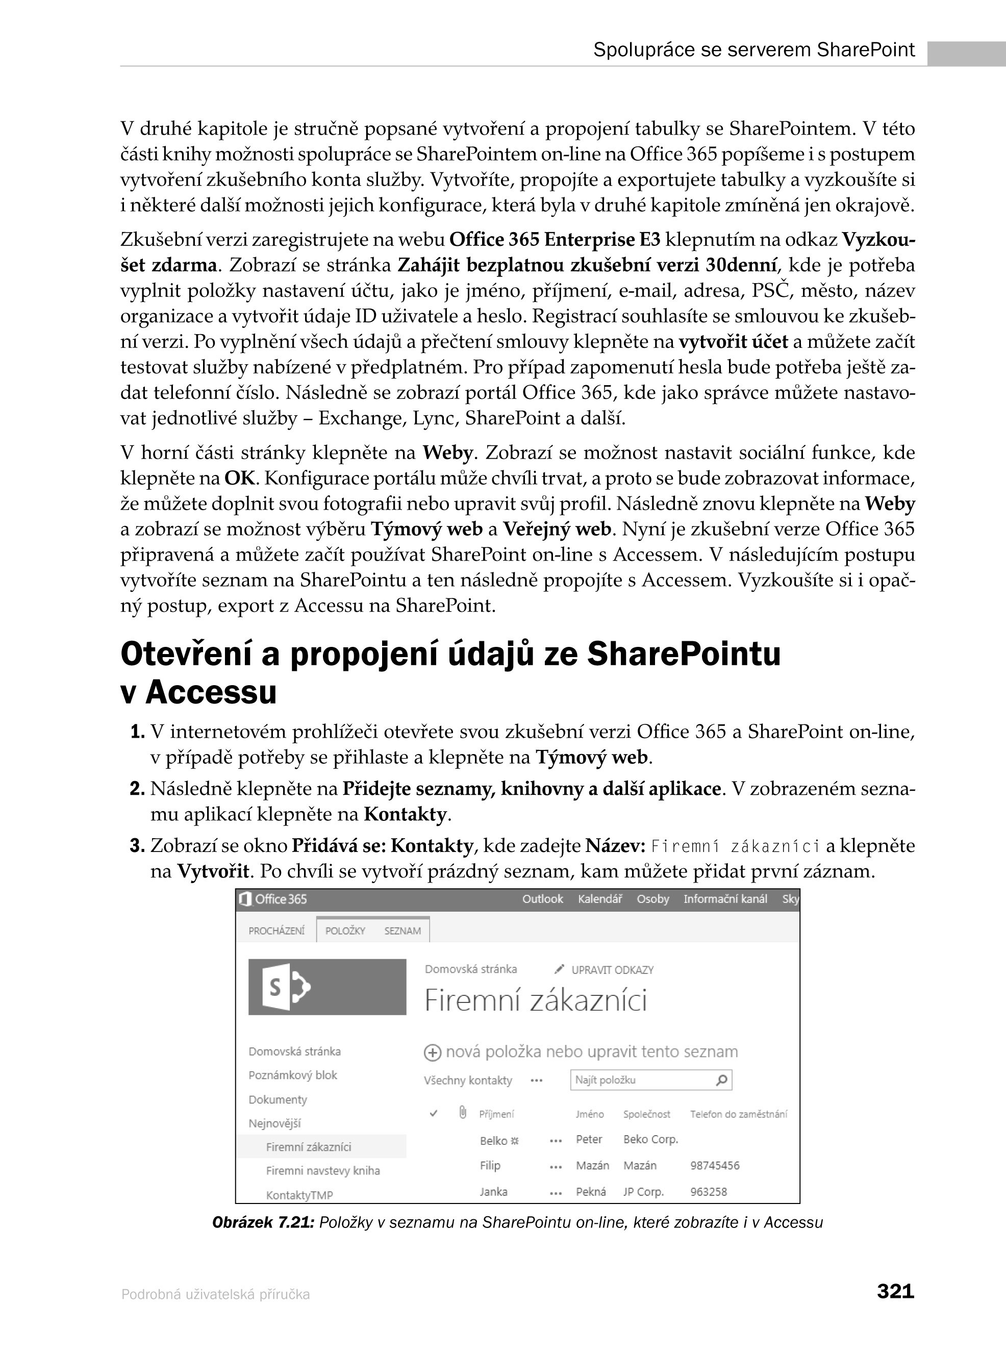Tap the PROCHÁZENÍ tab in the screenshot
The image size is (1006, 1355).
pyautogui.click(x=276, y=931)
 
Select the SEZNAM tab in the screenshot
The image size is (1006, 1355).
pyautogui.click(x=403, y=931)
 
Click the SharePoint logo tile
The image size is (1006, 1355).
pyautogui.click(x=327, y=987)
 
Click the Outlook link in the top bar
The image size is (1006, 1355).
pyautogui.click(x=543, y=899)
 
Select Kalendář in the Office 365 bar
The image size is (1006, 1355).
pyautogui.click(x=600, y=899)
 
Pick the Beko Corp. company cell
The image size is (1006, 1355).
pyautogui.click(x=650, y=1139)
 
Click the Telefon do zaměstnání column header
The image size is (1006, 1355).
pyautogui.click(x=738, y=1114)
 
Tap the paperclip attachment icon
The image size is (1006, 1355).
pyautogui.click(x=463, y=1113)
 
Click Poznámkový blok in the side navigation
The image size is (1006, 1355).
pyautogui.click(x=292, y=1075)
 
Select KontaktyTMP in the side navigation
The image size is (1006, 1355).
pyautogui.click(x=299, y=1195)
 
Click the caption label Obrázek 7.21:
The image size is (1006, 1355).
pyautogui.click(x=262, y=1222)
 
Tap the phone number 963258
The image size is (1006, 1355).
pyautogui.click(x=709, y=1192)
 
